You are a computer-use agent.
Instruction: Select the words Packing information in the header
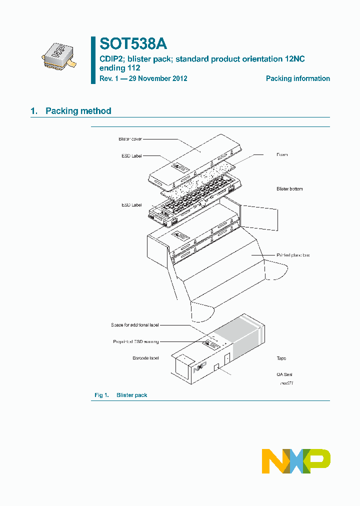[x=297, y=78]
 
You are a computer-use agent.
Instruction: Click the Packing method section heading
[x=78, y=111]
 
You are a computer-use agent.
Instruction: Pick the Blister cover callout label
[x=130, y=138]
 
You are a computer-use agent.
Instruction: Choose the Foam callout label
[x=282, y=155]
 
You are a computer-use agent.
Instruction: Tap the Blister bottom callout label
[x=289, y=189]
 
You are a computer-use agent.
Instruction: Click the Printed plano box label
[x=293, y=255]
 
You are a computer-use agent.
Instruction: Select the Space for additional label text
[x=135, y=325]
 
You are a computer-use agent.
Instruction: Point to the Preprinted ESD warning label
[x=136, y=342]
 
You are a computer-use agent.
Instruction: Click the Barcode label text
[x=145, y=358]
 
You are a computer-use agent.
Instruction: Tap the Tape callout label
[x=281, y=358]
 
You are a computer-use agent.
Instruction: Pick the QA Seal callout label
[x=284, y=374]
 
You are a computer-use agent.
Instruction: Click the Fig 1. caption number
[x=102, y=395]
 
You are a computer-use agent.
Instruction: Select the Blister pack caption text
[x=132, y=395]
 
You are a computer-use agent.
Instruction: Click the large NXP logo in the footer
[x=296, y=461]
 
